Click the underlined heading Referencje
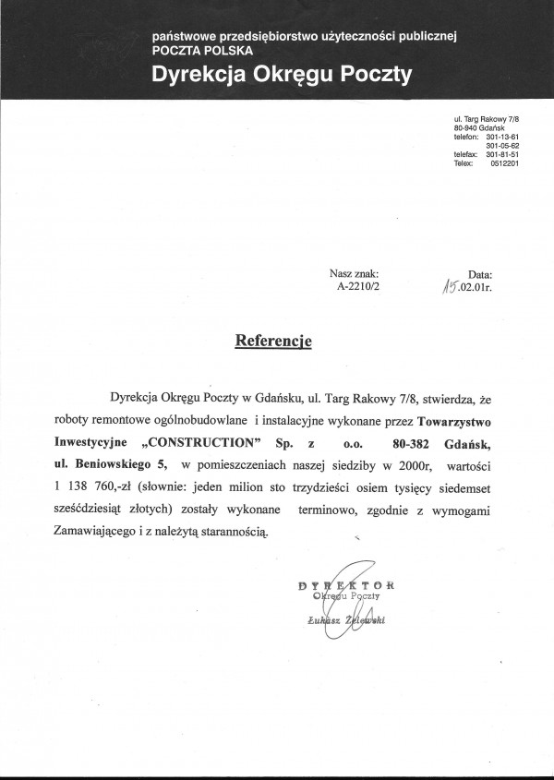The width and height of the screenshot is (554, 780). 273,341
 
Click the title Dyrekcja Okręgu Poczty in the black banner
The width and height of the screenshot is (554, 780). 283,75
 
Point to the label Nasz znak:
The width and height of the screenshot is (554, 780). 354,274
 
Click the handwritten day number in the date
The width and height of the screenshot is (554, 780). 452,287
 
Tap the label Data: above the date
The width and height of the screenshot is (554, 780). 480,275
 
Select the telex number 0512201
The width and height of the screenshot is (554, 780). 502,163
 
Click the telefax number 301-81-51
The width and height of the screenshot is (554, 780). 502,154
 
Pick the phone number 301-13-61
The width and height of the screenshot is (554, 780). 502,137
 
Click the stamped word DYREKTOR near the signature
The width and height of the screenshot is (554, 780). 347,584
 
